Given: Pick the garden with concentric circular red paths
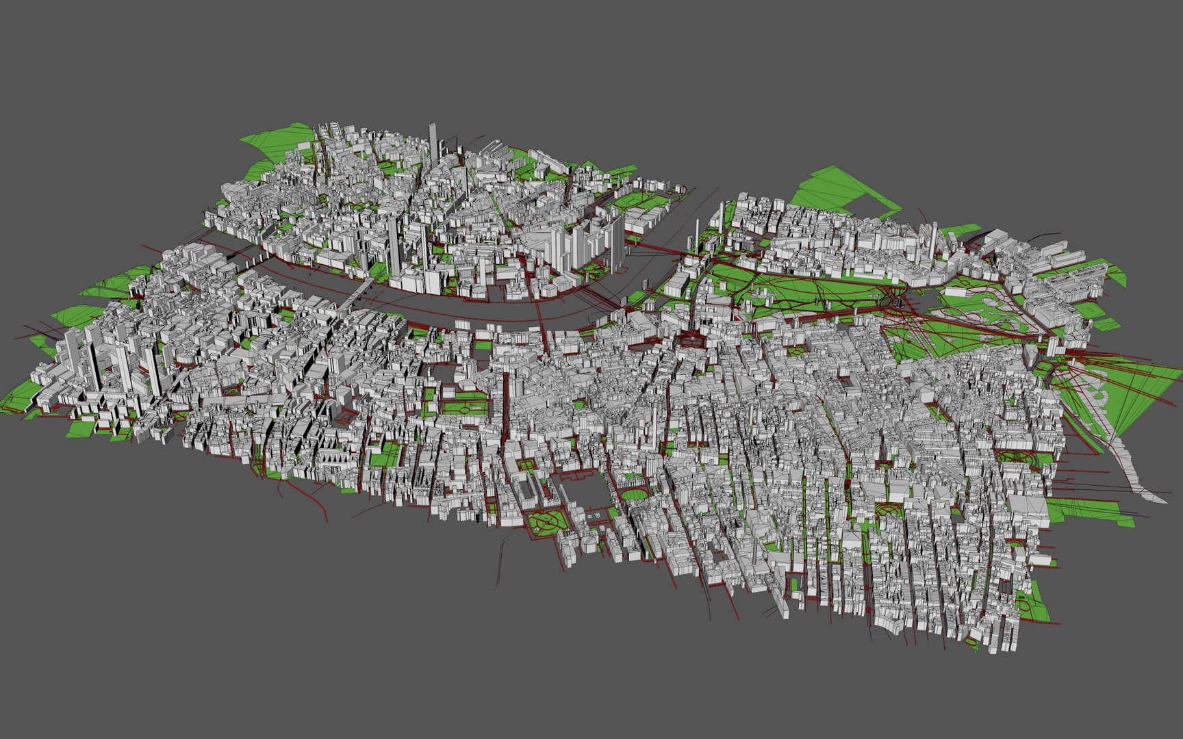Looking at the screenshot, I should [547, 523].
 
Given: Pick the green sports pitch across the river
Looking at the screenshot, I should [637, 199].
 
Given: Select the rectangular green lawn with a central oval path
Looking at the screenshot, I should [466, 407].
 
